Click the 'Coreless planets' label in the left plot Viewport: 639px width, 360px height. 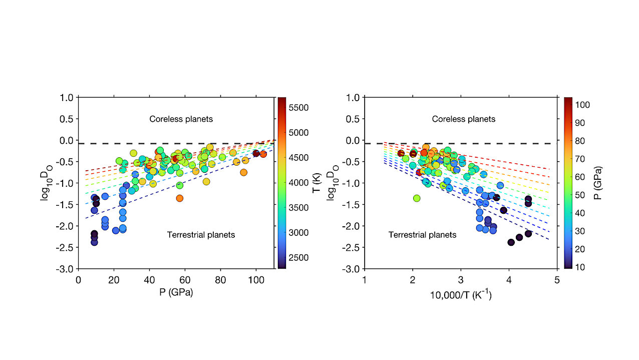(x=181, y=119)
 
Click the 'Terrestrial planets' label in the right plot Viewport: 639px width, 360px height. (x=422, y=234)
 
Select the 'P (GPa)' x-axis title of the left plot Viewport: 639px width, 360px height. (x=176, y=292)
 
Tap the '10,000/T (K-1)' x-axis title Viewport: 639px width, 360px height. (x=460, y=295)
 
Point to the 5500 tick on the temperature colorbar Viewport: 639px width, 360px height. (x=298, y=108)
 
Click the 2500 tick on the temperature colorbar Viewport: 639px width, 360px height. (x=298, y=257)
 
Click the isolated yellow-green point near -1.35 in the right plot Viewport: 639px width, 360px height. (x=417, y=198)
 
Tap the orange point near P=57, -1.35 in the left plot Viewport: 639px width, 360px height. (x=180, y=198)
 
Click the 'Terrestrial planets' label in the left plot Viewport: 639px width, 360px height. (x=201, y=234)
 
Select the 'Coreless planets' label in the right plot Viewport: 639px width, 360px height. (x=463, y=119)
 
